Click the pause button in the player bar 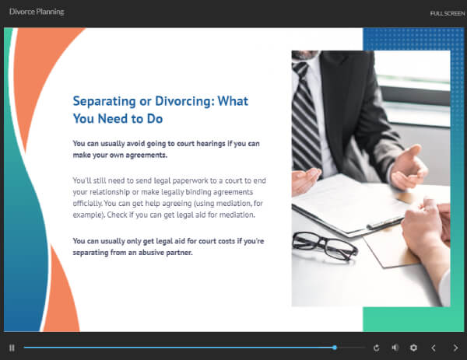[12, 348]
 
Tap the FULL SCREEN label [448, 13]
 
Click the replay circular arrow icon [377, 348]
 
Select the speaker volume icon [395, 348]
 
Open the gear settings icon [413, 348]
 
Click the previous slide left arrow [434, 348]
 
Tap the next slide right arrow [455, 348]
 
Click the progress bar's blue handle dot [335, 348]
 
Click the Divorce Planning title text [37, 12]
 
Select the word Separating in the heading [104, 102]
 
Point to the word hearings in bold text [211, 144]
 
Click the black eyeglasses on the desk [325, 246]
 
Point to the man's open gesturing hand [409, 166]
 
